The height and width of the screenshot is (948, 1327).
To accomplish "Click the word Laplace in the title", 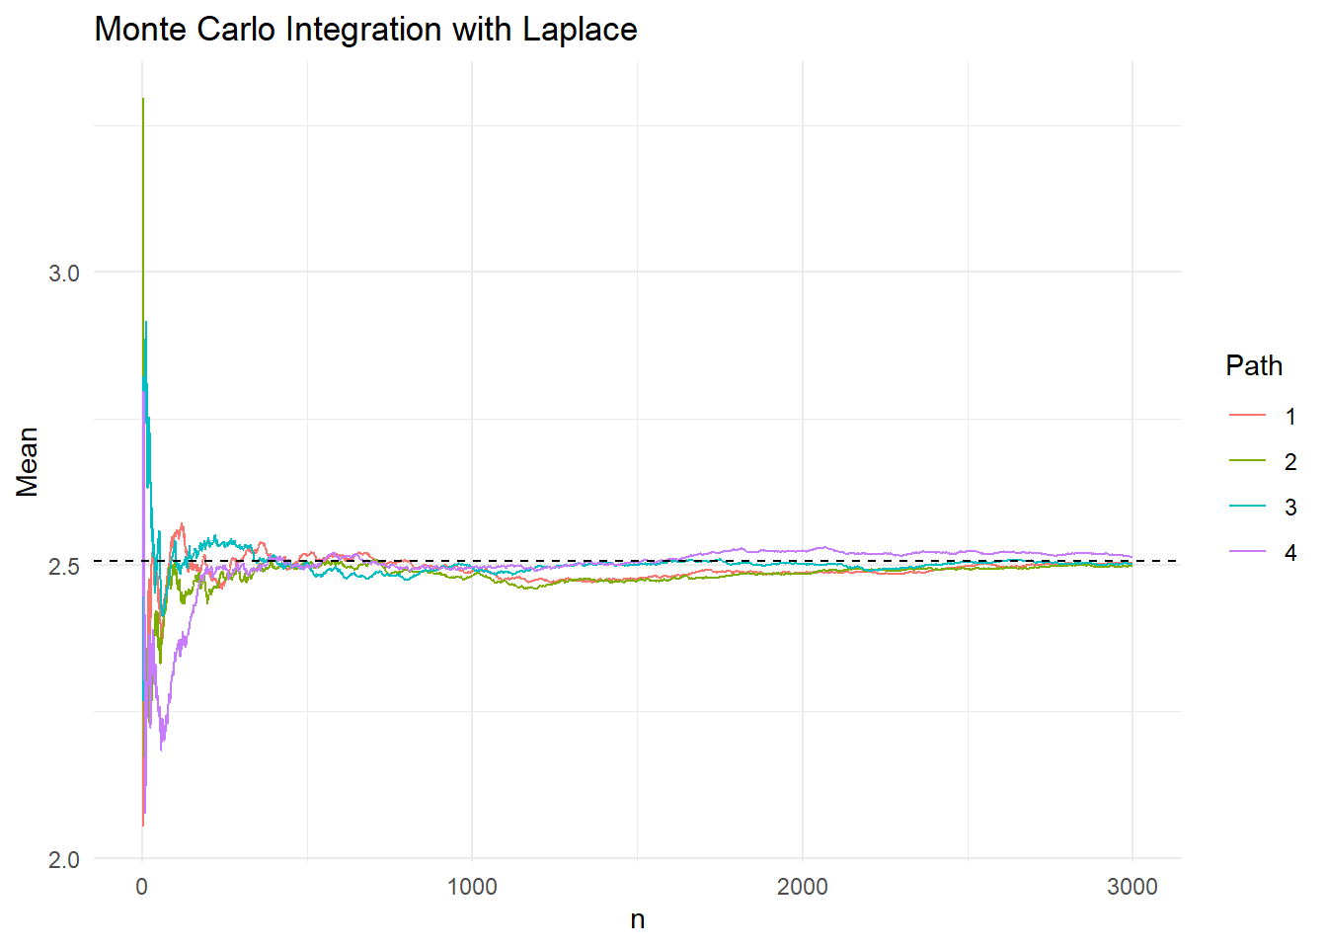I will coord(580,30).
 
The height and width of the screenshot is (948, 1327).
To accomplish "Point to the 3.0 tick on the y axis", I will coord(64,274).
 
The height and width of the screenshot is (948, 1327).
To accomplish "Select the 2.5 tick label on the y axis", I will coord(64,567).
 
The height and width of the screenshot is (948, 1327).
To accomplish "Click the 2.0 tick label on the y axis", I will coord(64,860).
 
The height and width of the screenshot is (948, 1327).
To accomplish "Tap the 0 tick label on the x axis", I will coord(142,887).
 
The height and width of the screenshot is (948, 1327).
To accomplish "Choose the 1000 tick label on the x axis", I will coord(472,887).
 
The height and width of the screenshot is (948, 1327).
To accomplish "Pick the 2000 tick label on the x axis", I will coord(802,887).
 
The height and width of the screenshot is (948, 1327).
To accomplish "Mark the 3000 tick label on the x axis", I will coord(1132,887).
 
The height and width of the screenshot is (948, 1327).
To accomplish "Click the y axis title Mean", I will coord(27,461).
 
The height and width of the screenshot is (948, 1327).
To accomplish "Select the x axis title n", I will coord(638,920).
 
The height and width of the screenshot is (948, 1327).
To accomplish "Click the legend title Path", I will coord(1254,366).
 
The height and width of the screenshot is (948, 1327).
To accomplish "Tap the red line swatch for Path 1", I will coord(1247,416).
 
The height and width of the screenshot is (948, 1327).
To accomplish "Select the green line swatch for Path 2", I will coord(1247,461).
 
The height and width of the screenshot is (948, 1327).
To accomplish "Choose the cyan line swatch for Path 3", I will coord(1247,507).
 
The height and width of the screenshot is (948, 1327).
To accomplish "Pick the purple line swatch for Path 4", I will coord(1247,552).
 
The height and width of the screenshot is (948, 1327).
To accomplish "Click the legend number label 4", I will coord(1289,552).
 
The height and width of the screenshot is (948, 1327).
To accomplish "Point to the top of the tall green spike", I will coord(143,100).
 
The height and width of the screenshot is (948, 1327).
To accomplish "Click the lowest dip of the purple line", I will coord(162,749).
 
